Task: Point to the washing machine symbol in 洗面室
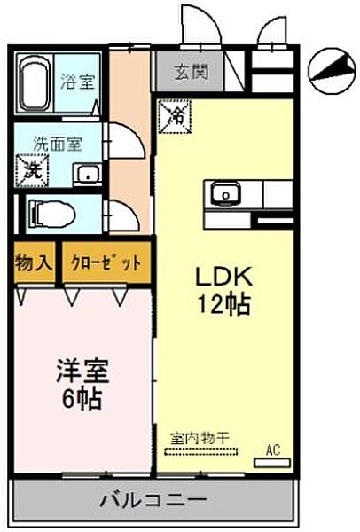[x=32, y=167]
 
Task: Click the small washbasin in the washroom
[x=87, y=172]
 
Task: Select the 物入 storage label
[x=35, y=264]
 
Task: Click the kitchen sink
[x=225, y=192]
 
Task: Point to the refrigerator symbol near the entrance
[x=175, y=113]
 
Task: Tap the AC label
[x=273, y=449]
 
